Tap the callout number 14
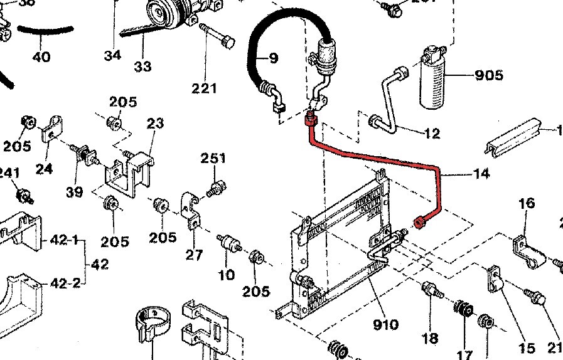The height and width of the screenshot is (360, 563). click(481, 174)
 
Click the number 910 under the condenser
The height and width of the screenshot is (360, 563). click(385, 324)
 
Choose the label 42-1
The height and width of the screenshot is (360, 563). click(64, 240)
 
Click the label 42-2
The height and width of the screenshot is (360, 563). click(65, 283)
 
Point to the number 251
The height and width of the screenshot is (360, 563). click(213, 159)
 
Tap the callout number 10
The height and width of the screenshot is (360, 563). click(226, 274)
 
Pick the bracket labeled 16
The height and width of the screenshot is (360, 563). click(527, 247)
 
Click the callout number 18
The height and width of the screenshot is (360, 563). click(430, 339)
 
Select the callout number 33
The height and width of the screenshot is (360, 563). click(142, 66)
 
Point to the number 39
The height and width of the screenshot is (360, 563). click(75, 192)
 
